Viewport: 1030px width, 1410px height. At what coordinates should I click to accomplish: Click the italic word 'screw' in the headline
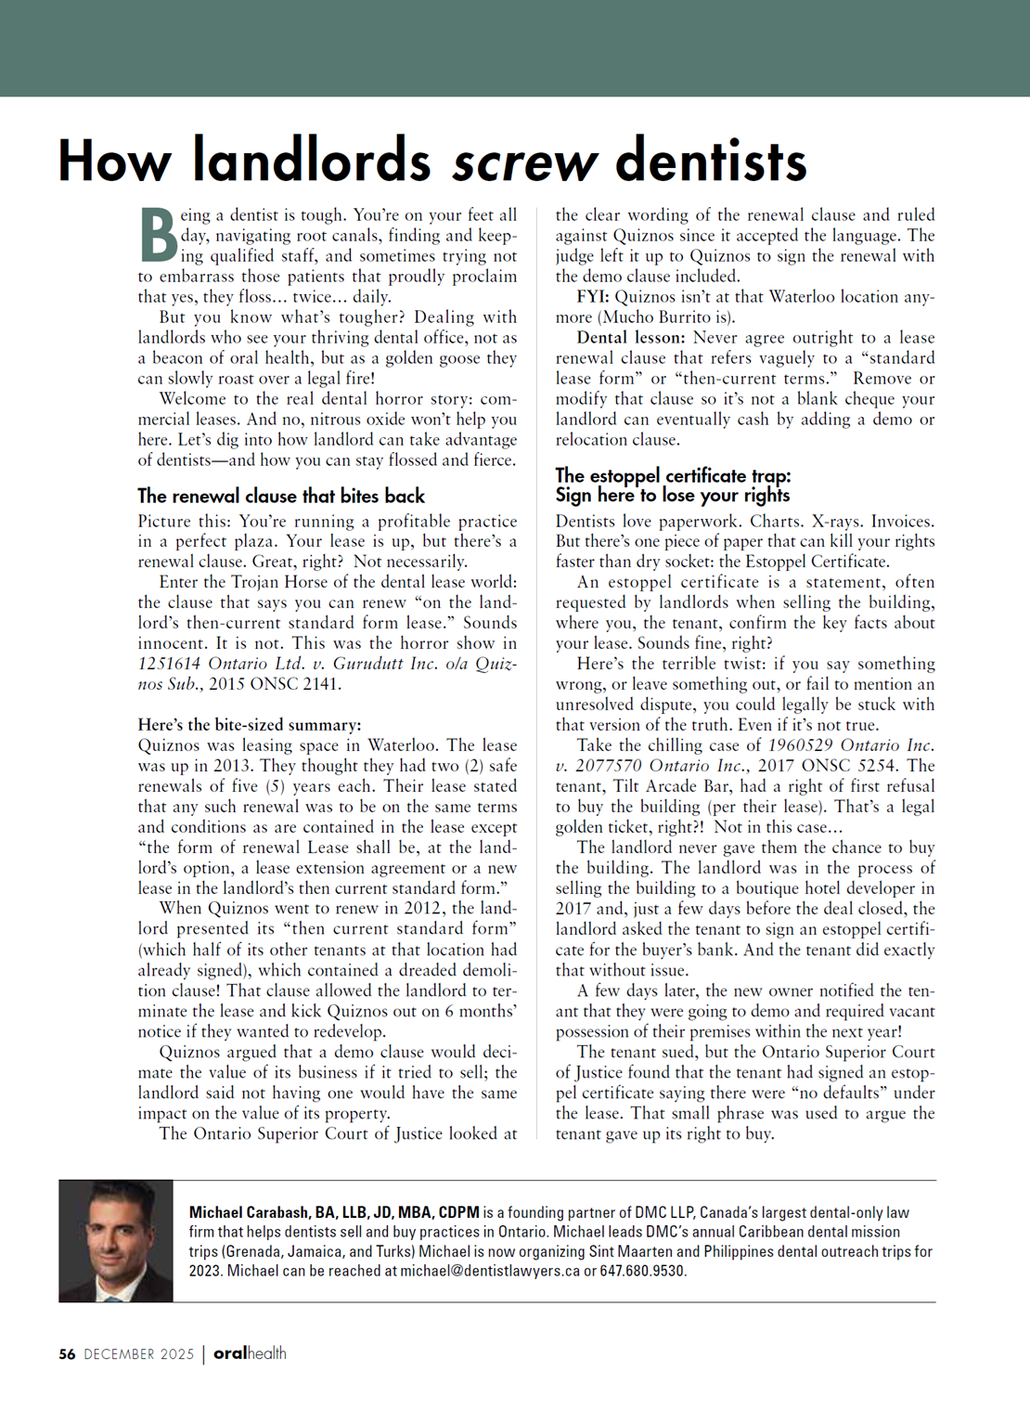pyautogui.click(x=524, y=162)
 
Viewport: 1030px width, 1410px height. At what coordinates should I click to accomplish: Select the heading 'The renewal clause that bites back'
pyautogui.click(x=281, y=496)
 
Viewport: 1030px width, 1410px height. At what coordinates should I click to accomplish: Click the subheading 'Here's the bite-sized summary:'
pyautogui.click(x=250, y=725)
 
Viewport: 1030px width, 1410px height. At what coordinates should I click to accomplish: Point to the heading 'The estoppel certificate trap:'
pyautogui.click(x=673, y=476)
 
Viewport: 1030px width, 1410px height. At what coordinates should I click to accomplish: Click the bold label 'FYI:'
pyautogui.click(x=593, y=297)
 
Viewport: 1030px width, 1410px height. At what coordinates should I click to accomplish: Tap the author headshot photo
pyautogui.click(x=116, y=1240)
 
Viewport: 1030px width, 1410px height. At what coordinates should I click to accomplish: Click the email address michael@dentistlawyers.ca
pyautogui.click(x=489, y=1271)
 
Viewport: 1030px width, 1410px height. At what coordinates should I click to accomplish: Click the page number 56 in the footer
pyautogui.click(x=67, y=1354)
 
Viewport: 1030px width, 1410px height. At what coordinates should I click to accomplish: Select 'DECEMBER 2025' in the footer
pyautogui.click(x=139, y=1354)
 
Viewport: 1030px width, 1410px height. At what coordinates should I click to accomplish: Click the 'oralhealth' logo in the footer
pyautogui.click(x=250, y=1353)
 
